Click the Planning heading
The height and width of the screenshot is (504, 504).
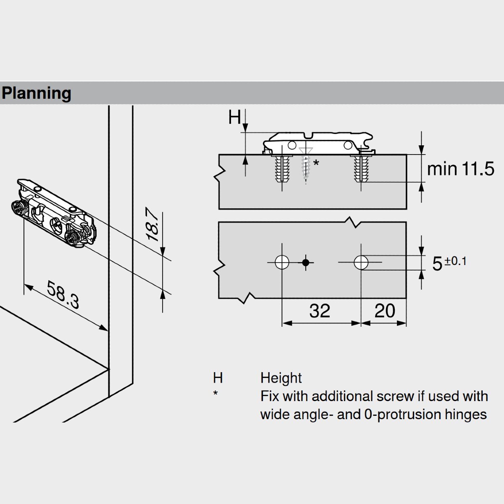37,93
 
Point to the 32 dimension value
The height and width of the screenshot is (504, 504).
320,311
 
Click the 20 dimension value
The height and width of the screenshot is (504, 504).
384,311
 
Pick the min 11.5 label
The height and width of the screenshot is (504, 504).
460,169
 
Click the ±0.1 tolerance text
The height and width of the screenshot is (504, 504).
456,261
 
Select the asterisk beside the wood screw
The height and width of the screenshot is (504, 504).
316,163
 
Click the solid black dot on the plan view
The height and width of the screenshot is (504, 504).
306,262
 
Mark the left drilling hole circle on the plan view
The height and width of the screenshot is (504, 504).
282,262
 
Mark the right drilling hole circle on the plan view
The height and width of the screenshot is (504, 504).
361,262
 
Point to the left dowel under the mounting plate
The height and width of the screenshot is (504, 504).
282,169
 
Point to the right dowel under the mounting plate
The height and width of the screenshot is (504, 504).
361,169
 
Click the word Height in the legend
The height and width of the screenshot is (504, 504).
281,378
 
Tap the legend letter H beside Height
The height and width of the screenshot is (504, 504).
218,378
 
